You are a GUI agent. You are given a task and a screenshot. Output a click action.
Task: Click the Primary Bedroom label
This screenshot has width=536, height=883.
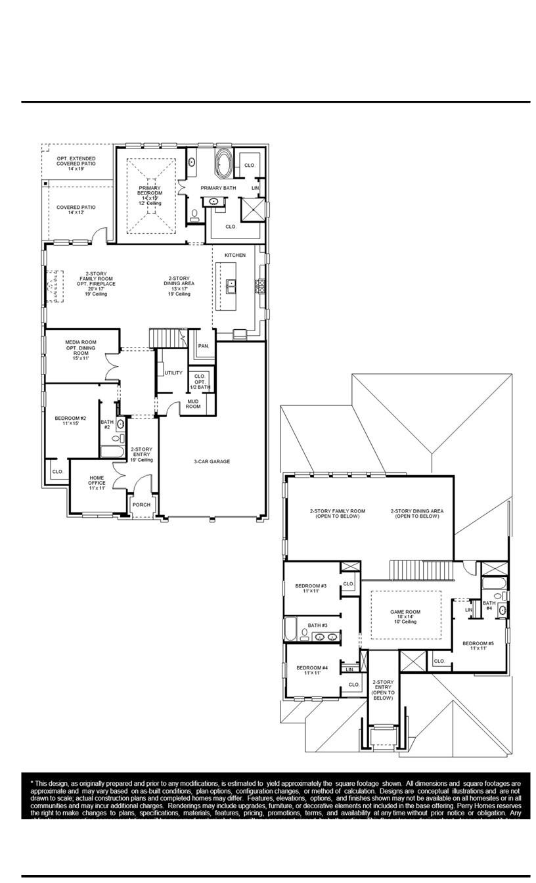pos(150,195)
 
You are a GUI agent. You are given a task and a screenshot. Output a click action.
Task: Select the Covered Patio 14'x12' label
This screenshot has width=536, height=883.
pos(76,210)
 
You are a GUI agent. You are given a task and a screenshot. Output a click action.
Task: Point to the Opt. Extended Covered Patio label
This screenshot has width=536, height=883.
pos(76,163)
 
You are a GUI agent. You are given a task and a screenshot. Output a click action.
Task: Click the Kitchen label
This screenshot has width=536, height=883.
pos(235,255)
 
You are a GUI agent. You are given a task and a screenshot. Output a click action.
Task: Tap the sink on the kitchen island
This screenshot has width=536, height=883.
pos(231,286)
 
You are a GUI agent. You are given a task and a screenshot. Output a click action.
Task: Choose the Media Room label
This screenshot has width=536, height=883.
pos(81,350)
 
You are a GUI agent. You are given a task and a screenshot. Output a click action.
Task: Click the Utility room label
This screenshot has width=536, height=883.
pos(173,373)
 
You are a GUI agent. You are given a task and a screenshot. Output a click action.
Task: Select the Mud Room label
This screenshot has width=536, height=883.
pos(193,403)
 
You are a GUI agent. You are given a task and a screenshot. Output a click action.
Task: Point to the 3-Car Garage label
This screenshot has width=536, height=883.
pos(212,462)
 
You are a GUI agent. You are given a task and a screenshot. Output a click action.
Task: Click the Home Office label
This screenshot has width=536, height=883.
pos(97,483)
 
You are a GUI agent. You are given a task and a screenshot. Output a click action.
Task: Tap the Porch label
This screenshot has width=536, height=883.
pos(141,505)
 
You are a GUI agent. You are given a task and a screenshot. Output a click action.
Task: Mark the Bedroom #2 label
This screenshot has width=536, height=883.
pos(70,421)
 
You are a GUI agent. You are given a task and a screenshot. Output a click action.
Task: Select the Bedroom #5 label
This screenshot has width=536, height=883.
pos(478,645)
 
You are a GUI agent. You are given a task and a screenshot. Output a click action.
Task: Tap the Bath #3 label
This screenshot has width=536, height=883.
pos(317,625)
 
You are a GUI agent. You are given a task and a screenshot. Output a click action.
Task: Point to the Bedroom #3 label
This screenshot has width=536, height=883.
pos(311,588)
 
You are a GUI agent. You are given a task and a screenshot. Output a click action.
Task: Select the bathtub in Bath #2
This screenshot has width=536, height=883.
pos(111,451)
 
